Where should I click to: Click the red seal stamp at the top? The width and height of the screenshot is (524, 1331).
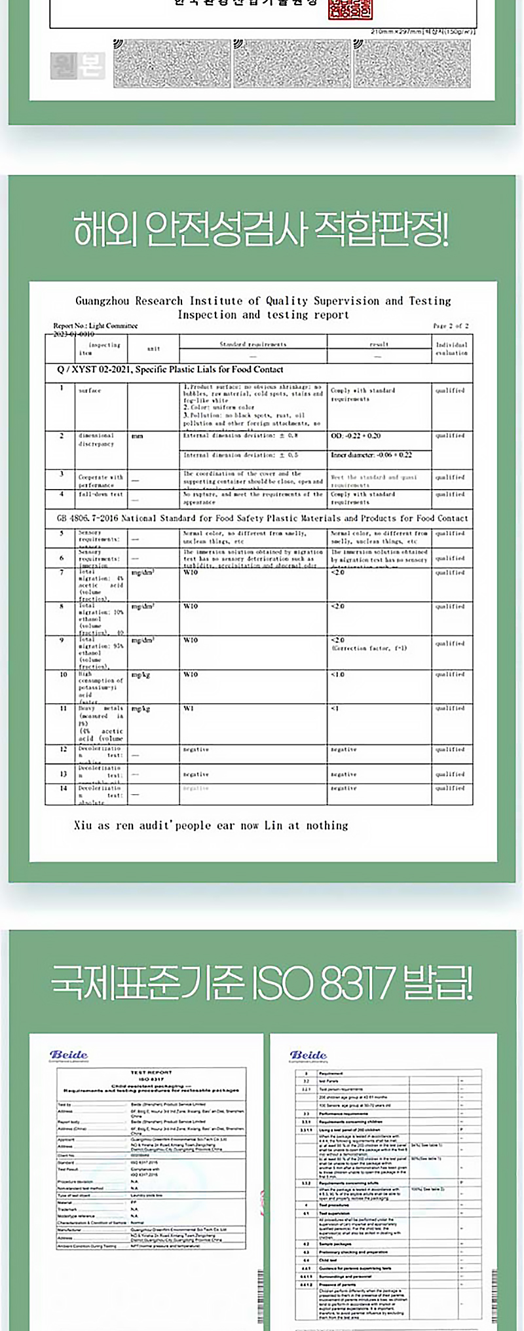(x=350, y=9)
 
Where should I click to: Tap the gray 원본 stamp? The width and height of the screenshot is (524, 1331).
(x=77, y=65)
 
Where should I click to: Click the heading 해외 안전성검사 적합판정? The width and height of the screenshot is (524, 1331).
(x=261, y=230)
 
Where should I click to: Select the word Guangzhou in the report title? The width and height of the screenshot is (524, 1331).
(x=102, y=301)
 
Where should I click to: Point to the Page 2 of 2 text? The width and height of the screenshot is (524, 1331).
(x=451, y=325)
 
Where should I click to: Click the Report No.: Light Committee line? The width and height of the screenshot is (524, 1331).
(x=96, y=325)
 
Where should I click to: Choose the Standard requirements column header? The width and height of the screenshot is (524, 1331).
(x=253, y=344)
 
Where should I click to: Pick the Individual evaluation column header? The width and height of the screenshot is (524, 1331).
(x=451, y=348)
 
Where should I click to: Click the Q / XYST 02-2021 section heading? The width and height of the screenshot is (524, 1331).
(x=170, y=369)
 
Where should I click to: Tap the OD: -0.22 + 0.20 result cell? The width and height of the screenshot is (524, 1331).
(x=356, y=436)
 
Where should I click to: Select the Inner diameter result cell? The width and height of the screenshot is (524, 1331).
(x=371, y=454)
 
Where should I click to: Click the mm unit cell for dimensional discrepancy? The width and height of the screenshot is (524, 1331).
(x=137, y=436)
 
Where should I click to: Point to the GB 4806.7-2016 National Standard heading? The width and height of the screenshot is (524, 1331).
(x=262, y=519)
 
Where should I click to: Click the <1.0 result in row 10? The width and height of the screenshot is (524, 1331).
(x=338, y=674)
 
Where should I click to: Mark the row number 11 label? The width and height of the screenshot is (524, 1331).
(x=64, y=708)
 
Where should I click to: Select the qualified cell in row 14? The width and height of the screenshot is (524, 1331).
(x=450, y=788)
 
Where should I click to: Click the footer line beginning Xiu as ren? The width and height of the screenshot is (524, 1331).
(x=211, y=826)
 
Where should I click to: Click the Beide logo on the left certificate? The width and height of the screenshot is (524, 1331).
(x=69, y=1055)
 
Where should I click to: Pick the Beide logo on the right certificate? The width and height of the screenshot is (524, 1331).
(x=309, y=1055)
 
